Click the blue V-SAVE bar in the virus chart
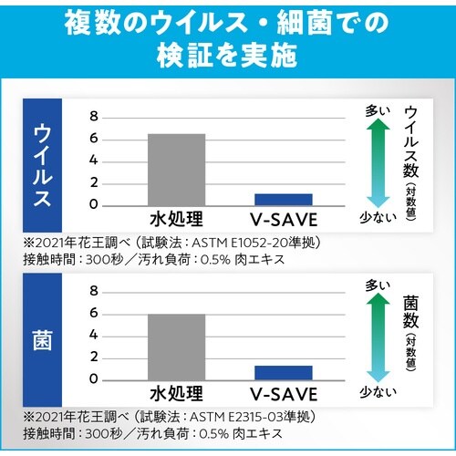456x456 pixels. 283,199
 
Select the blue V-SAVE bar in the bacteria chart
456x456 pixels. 283,372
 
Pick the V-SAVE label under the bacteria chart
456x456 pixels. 284,394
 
